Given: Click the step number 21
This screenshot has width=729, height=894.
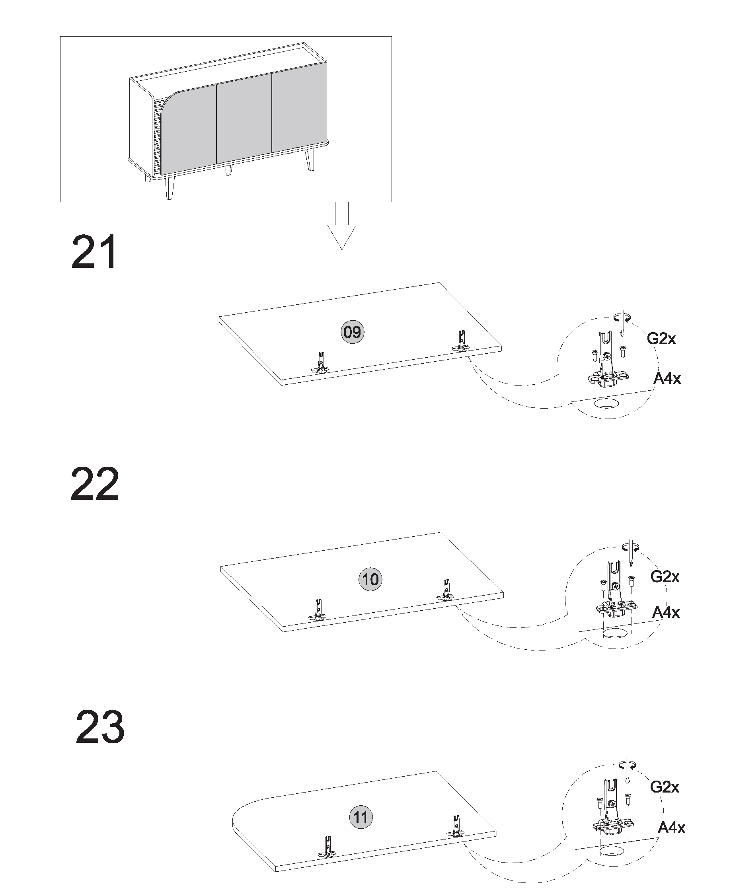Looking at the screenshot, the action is pyautogui.click(x=94, y=252).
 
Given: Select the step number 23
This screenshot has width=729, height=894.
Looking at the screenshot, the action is pyautogui.click(x=100, y=726).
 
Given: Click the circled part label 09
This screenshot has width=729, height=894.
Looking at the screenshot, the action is pyautogui.click(x=352, y=332).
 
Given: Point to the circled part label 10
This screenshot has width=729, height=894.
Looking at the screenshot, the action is pyautogui.click(x=370, y=579).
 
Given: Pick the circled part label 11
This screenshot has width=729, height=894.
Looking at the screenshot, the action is pyautogui.click(x=361, y=817).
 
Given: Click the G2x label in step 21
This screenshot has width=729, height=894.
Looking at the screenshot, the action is pyautogui.click(x=661, y=338).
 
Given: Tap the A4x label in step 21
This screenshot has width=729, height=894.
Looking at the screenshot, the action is pyautogui.click(x=667, y=378).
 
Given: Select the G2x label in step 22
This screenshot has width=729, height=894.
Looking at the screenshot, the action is pyautogui.click(x=665, y=576).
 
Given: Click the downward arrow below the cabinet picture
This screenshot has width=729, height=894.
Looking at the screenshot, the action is pyautogui.click(x=342, y=226).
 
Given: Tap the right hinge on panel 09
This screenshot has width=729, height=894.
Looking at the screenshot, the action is pyautogui.click(x=461, y=341).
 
